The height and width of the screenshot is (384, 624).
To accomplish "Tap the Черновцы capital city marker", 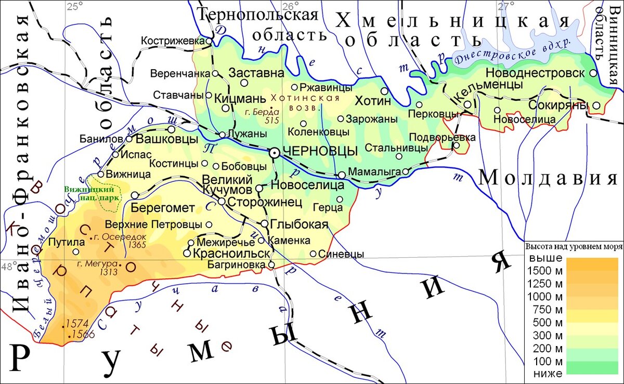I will [274, 152].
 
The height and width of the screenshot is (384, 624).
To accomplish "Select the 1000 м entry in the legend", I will [544, 297].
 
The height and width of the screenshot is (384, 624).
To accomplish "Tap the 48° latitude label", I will [9, 267].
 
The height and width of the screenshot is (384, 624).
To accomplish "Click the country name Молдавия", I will [547, 178].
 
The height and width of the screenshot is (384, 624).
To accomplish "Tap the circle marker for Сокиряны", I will [596, 105].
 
